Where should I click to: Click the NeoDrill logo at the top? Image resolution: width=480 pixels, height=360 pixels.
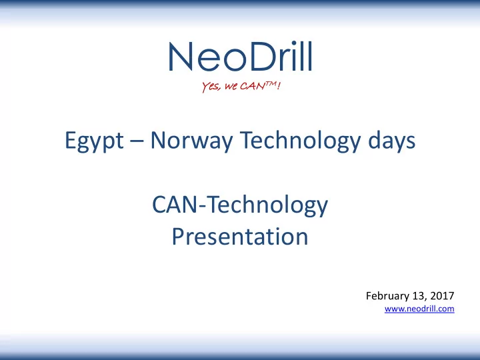(240, 57)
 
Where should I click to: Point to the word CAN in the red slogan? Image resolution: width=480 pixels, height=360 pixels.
(253, 86)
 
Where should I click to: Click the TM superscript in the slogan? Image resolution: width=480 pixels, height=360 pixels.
(270, 83)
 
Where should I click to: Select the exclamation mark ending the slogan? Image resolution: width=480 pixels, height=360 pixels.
(278, 85)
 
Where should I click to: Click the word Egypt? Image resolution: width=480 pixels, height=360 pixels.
(94, 141)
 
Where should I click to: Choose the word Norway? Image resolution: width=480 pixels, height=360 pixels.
(191, 141)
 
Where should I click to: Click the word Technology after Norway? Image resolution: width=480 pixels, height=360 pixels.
(300, 140)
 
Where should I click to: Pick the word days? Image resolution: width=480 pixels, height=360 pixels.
(391, 140)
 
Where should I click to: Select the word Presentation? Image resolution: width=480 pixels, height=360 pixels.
(240, 236)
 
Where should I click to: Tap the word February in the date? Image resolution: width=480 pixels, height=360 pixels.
(387, 296)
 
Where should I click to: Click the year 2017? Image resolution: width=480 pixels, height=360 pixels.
(442, 296)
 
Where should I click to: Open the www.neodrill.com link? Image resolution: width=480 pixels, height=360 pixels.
(419, 309)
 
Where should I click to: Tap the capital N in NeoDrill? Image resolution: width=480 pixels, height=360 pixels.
(180, 57)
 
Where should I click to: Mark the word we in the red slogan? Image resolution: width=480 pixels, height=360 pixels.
(231, 87)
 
